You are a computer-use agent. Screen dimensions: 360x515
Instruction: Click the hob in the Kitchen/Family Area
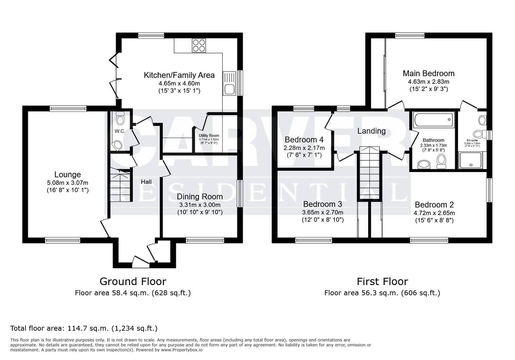pyautogui.click(x=199, y=46)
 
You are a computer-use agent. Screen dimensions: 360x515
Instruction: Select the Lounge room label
pyautogui.click(x=67, y=175)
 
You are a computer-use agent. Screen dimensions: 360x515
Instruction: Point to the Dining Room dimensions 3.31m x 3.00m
pyautogui.click(x=199, y=205)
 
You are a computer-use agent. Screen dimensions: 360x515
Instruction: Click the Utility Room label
pyautogui.click(x=209, y=135)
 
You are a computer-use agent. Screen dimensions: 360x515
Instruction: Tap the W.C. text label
pyautogui.click(x=120, y=131)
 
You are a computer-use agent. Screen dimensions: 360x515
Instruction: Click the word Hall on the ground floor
pyautogui.click(x=146, y=182)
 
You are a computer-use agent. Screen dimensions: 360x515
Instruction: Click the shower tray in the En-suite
pyautogui.click(x=470, y=160)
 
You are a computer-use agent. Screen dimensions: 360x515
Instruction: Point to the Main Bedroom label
pyautogui.click(x=428, y=73)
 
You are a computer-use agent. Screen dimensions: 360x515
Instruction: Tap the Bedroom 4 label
pyautogui.click(x=304, y=139)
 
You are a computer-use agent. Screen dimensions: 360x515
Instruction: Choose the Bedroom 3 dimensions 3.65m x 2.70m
pyautogui.click(x=322, y=212)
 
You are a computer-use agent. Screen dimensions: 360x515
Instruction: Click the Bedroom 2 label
pyautogui.click(x=434, y=205)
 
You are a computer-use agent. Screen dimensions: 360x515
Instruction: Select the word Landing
pyautogui.click(x=371, y=131)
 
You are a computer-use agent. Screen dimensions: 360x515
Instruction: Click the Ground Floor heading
pyautogui.click(x=133, y=282)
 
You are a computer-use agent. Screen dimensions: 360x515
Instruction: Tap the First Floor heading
pyautogui.click(x=382, y=282)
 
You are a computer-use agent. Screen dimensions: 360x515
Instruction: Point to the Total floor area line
pyautogui.click(x=84, y=328)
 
